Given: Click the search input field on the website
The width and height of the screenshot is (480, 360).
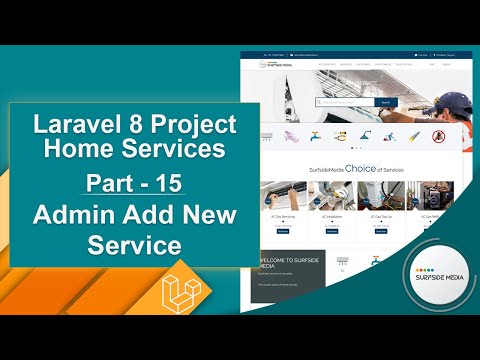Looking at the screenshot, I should point(344,102).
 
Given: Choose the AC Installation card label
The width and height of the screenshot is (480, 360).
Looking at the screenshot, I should point(333,216).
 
